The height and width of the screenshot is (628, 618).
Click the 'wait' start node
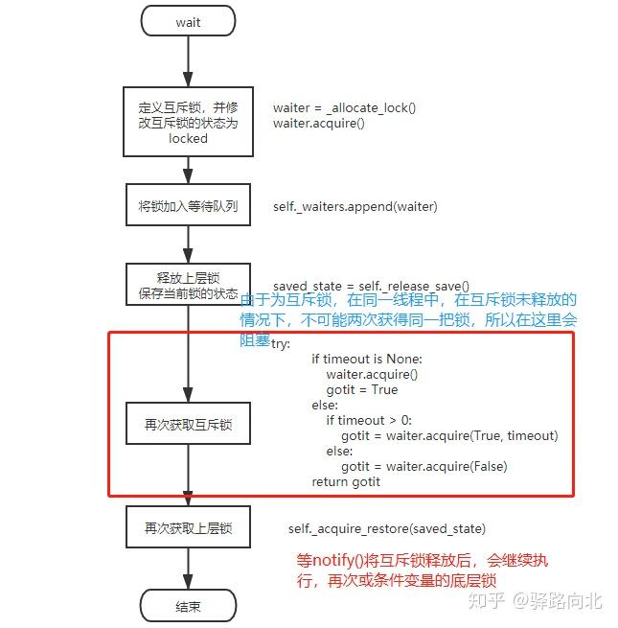tap(188, 21)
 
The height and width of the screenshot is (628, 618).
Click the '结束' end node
tap(188, 606)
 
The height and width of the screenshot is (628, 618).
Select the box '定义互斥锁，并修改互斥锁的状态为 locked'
tap(188, 122)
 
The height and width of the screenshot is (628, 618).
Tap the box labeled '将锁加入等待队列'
tap(188, 206)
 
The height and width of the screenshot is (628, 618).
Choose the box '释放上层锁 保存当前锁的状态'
tap(188, 285)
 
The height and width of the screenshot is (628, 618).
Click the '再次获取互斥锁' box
tap(188, 423)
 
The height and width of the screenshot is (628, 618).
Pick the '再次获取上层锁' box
tap(188, 528)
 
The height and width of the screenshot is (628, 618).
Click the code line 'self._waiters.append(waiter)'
tap(355, 206)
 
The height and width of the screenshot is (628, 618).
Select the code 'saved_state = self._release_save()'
tap(371, 286)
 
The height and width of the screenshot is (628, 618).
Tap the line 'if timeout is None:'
tap(366, 359)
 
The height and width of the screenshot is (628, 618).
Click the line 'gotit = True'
tap(361, 389)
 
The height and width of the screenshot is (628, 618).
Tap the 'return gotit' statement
tap(346, 481)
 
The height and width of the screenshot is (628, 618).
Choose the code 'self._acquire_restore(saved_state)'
tap(386, 528)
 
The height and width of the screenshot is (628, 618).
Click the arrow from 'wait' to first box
tap(188, 60)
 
